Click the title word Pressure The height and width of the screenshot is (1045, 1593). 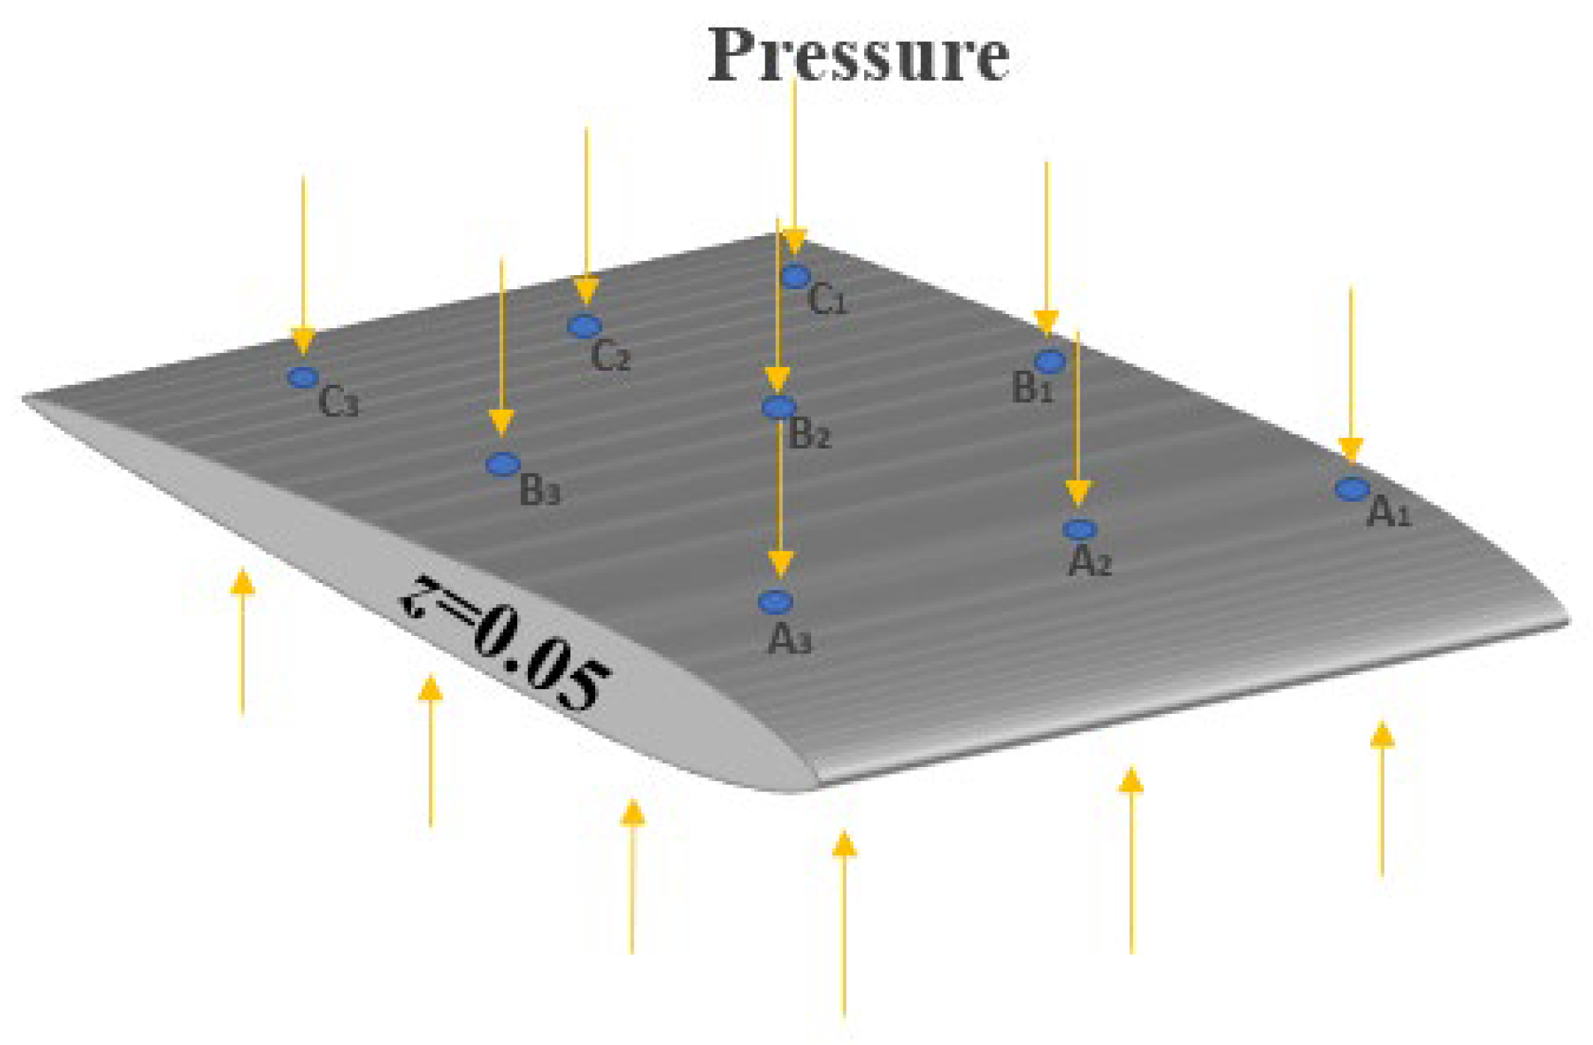(858, 55)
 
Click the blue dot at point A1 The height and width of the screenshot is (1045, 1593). (1352, 490)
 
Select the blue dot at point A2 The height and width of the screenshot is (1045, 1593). (1079, 529)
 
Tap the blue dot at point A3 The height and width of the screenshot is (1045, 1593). (775, 601)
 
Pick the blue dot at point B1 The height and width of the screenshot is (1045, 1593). (1050, 362)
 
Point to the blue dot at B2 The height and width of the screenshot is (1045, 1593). (779, 407)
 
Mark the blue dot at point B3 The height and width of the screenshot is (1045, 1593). (503, 464)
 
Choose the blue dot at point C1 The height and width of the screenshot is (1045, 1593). (796, 277)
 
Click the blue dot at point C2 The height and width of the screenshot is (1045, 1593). (585, 326)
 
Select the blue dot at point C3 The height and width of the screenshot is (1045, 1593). (303, 377)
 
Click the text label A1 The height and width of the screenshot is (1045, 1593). (1388, 514)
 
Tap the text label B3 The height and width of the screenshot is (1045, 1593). (539, 491)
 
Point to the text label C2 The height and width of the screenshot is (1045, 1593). (610, 357)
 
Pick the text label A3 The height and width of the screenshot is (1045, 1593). (789, 641)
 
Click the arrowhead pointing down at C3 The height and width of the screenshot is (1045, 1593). (303, 340)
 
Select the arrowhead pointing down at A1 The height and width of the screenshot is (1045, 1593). (1350, 450)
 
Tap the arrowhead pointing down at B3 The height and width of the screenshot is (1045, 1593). (502, 422)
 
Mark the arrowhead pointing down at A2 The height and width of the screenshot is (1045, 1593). (1077, 493)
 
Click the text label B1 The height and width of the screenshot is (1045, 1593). (1032, 388)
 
